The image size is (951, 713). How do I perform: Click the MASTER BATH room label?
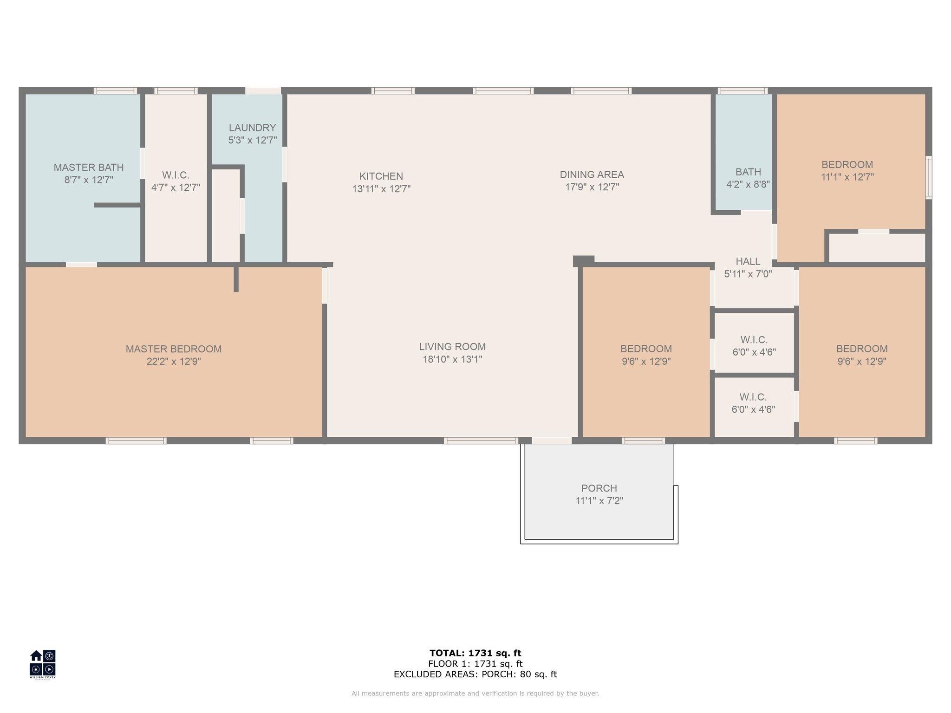pyautogui.click(x=89, y=168)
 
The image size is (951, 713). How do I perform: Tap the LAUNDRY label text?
pyautogui.click(x=252, y=128)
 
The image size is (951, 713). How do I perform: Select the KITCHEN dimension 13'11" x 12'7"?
pyautogui.click(x=381, y=189)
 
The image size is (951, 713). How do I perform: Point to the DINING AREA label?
pyautogui.click(x=592, y=175)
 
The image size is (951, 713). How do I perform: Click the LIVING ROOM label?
pyautogui.click(x=452, y=347)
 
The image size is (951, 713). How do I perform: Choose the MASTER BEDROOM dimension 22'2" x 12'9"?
pyautogui.click(x=174, y=362)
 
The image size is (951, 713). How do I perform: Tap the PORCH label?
pyautogui.click(x=599, y=488)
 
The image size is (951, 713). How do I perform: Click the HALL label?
pyautogui.click(x=748, y=261)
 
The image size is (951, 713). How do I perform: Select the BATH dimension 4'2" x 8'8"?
pyautogui.click(x=748, y=184)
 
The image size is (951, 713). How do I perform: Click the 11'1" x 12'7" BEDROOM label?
pyautogui.click(x=847, y=165)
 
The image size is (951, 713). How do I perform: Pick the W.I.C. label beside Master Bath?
pyautogui.click(x=176, y=175)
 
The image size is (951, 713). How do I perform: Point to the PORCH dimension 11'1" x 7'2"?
pyautogui.click(x=599, y=501)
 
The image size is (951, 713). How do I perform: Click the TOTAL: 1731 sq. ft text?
pyautogui.click(x=475, y=653)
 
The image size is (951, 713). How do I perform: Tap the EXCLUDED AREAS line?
pyautogui.click(x=475, y=674)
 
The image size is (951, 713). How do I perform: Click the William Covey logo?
pyautogui.click(x=43, y=664)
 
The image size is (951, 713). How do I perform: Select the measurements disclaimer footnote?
pyautogui.click(x=475, y=694)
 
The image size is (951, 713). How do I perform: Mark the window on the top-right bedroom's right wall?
pyautogui.click(x=928, y=178)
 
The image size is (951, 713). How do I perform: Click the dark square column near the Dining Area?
pyautogui.click(x=584, y=261)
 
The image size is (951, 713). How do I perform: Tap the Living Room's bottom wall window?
pyautogui.click(x=481, y=441)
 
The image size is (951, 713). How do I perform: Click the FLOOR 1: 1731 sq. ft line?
pyautogui.click(x=475, y=664)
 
